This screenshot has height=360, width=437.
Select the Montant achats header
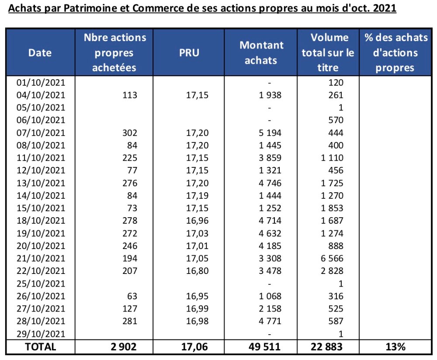pos(261,53)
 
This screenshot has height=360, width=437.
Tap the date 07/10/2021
pos(40,133)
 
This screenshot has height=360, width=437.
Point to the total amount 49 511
pos(261,347)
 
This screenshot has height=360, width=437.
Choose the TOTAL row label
pos(40,347)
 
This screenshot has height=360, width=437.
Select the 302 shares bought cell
pos(130,133)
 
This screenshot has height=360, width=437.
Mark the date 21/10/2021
pos(40,259)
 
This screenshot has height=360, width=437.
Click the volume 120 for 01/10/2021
pos(336,83)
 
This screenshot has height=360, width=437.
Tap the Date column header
pos(40,53)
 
